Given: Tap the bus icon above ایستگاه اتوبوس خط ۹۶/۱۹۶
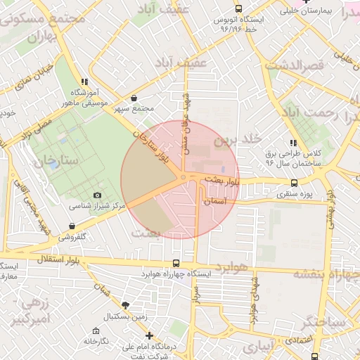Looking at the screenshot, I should click(239, 8).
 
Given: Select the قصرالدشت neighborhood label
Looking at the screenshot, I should click(295, 65).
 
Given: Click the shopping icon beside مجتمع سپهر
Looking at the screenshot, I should click(134, 98).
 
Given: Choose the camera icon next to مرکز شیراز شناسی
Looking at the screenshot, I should click(97, 195).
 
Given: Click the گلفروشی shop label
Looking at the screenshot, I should click(72, 237).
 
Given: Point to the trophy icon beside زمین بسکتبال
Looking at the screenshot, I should click(125, 305).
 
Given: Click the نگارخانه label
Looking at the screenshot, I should click(96, 341).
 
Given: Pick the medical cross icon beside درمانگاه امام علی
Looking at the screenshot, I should click(149, 336).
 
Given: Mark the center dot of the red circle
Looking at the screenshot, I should click(182, 178).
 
